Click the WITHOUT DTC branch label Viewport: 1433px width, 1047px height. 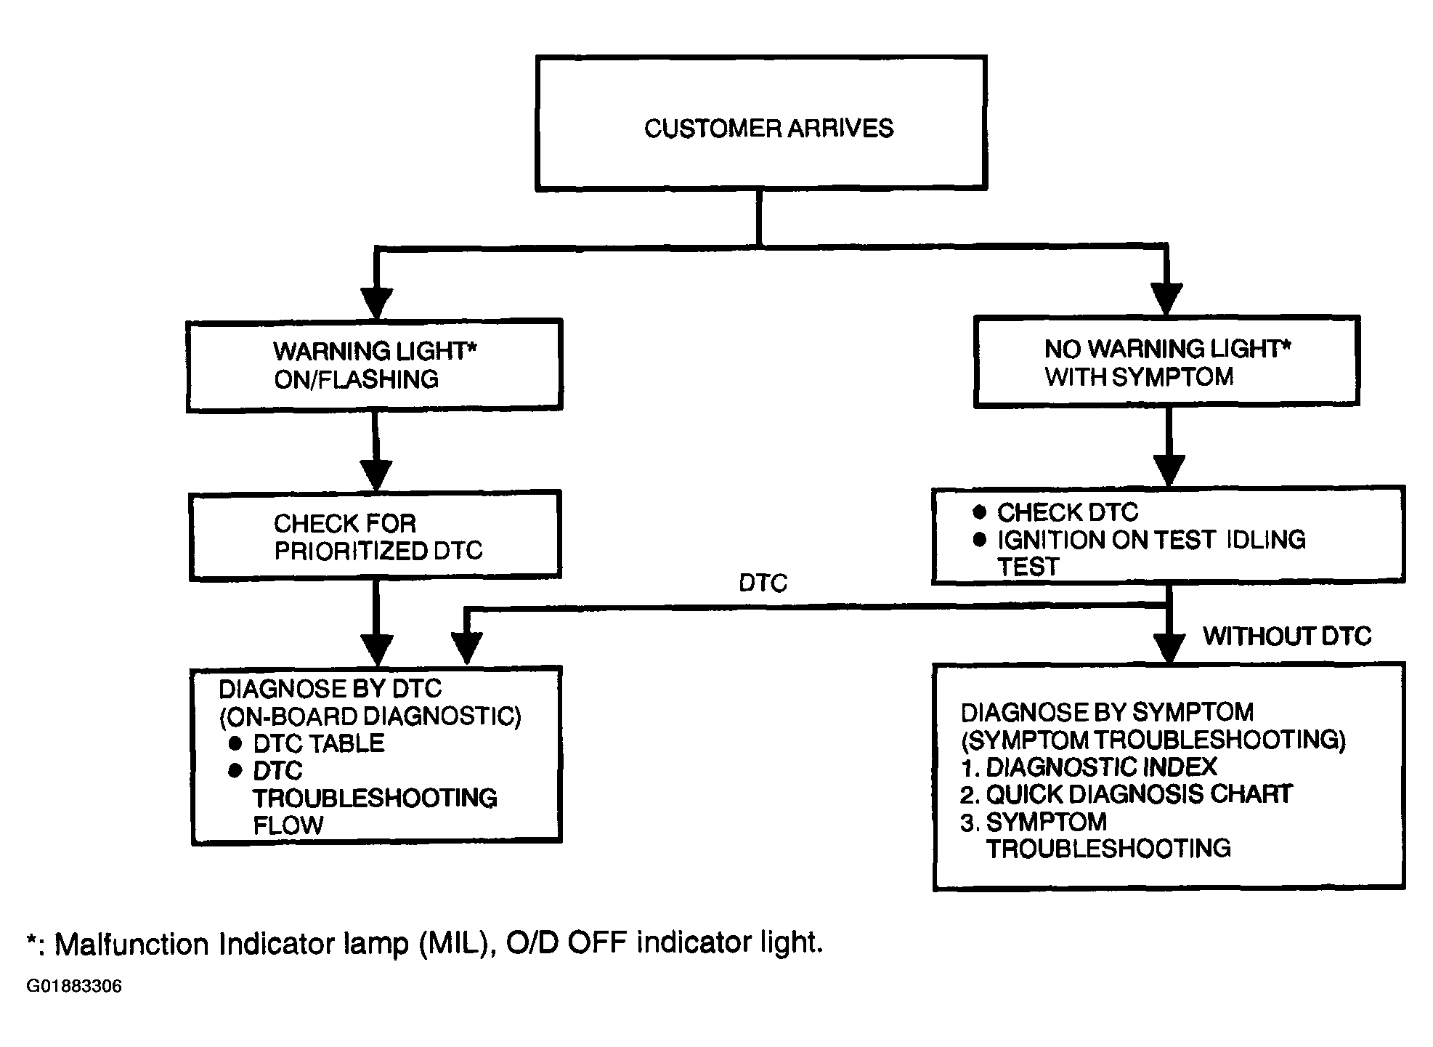[1287, 636]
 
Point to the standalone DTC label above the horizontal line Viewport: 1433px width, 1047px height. [763, 583]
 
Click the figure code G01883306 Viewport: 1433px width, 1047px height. [74, 986]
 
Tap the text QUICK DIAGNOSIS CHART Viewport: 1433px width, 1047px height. [1139, 794]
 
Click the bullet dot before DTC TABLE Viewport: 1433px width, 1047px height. [235, 743]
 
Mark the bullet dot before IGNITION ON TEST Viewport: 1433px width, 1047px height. [980, 539]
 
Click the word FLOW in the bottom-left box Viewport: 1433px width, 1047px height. [288, 825]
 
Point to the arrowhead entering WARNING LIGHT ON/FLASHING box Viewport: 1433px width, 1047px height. [376, 304]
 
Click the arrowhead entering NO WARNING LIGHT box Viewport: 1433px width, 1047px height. [1166, 300]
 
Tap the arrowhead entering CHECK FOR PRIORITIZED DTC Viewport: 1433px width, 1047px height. [376, 476]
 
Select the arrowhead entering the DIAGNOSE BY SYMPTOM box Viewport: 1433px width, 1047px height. [1169, 648]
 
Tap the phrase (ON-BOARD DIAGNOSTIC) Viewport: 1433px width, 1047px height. [370, 716]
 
